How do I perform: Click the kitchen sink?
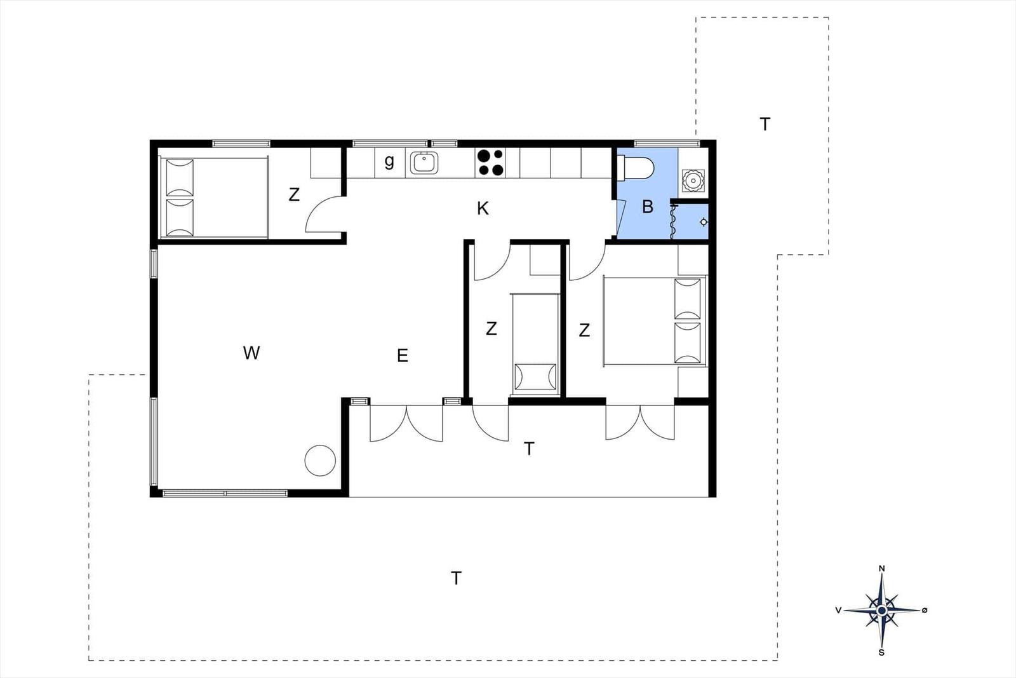[424, 163]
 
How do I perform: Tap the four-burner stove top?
[490, 163]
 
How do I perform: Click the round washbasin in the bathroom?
[693, 180]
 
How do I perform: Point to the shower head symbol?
[704, 222]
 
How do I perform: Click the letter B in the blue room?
[648, 207]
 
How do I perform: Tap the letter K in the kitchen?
[483, 209]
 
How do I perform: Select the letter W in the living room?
[251, 353]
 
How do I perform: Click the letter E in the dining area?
[403, 355]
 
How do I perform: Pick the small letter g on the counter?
[389, 161]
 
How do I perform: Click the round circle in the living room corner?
[320, 461]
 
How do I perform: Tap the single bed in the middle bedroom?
[536, 344]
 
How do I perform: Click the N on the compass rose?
[882, 569]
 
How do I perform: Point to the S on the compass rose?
[882, 653]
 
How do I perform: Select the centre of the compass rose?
[882, 611]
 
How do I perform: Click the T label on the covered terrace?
[529, 449]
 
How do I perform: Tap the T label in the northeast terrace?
[765, 124]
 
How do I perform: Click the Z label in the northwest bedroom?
[294, 194]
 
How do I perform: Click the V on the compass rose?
[839, 611]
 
